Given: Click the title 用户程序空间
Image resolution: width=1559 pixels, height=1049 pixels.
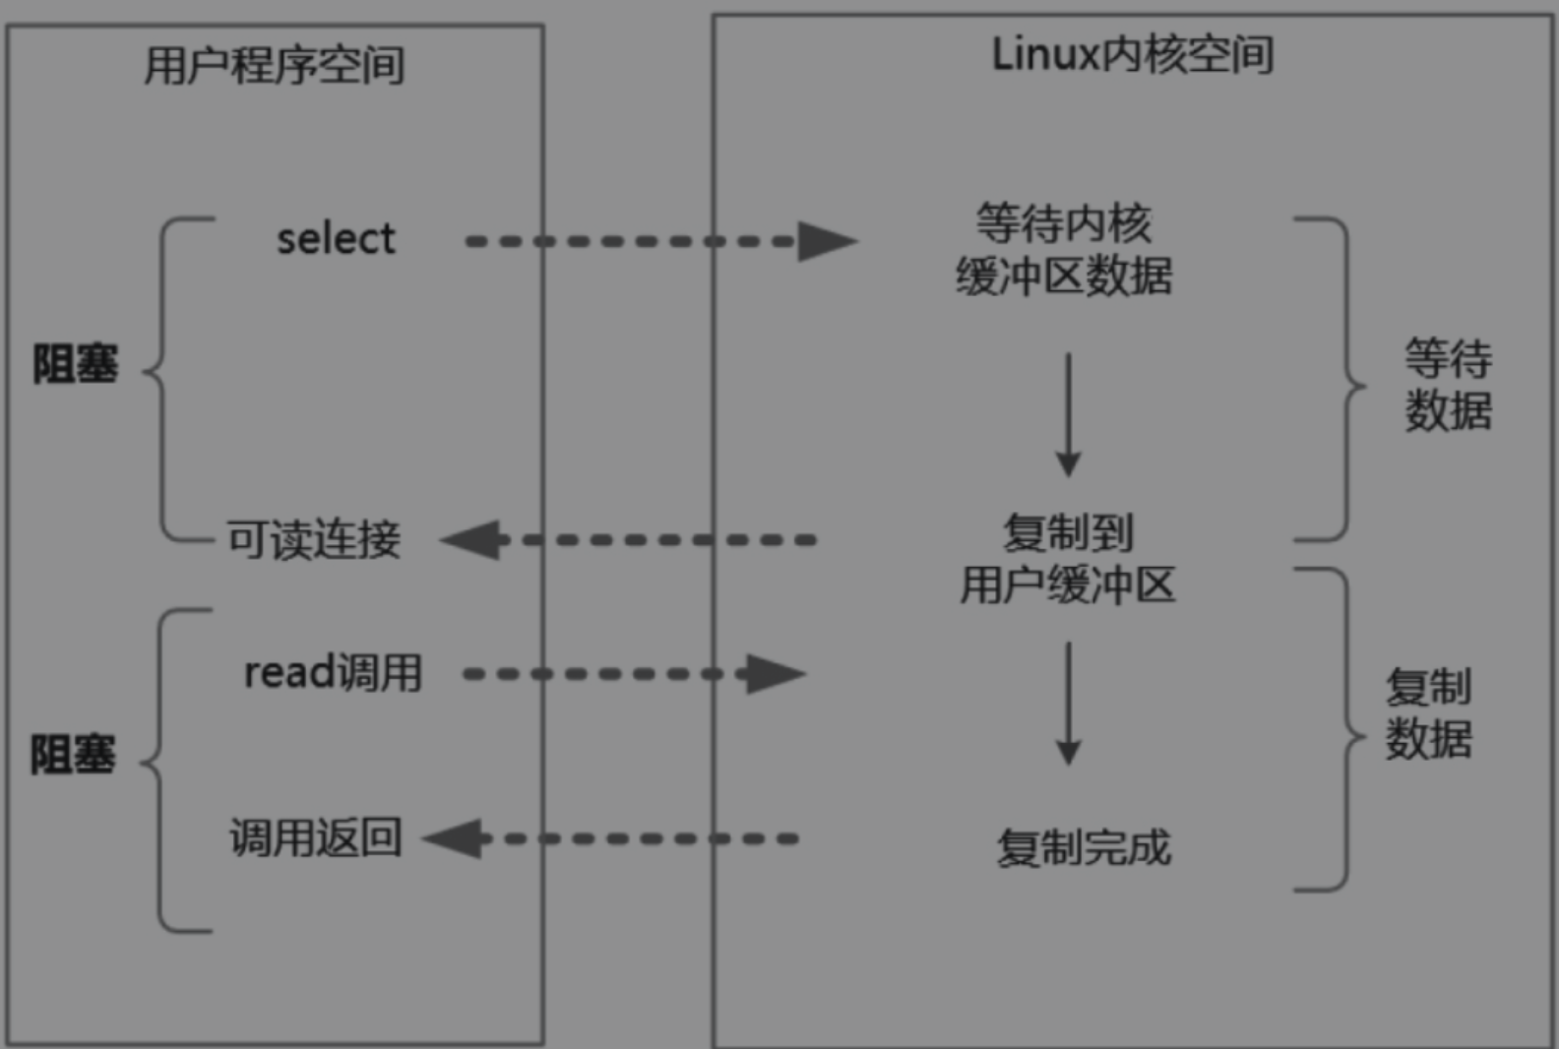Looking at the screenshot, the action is point(275,65).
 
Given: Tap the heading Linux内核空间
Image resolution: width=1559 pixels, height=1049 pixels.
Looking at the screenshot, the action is point(1133,54).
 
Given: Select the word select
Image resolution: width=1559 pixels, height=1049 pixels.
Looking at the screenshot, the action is point(337,239).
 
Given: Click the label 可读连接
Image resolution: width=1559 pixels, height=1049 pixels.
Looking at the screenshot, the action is point(314,539).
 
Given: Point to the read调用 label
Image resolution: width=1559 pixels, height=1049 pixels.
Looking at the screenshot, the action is point(333,672).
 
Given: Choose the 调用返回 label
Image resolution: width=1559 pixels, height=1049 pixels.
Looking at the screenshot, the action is point(316,837).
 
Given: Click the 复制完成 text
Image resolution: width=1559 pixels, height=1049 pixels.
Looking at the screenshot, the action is point(1085,847).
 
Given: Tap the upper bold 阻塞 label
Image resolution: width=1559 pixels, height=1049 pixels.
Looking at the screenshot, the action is point(76,363).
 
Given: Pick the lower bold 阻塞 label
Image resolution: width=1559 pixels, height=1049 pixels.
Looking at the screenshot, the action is point(73,755).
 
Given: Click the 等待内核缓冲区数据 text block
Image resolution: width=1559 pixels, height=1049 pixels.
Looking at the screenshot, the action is point(1064,249).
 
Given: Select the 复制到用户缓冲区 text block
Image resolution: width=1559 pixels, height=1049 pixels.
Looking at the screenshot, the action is point(1068,559).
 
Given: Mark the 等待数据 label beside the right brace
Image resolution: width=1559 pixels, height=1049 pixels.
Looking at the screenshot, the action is point(1449,384).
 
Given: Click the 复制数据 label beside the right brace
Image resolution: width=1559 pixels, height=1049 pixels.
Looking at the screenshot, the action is point(1429,712).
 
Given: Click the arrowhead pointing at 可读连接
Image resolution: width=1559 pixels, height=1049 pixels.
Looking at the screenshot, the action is point(469,539).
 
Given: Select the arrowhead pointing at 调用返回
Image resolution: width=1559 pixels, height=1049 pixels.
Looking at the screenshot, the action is point(453,838).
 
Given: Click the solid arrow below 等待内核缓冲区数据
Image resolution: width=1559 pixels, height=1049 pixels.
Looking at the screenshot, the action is point(1068,415).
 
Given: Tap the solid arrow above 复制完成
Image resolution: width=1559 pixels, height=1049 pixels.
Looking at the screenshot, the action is point(1068,704).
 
